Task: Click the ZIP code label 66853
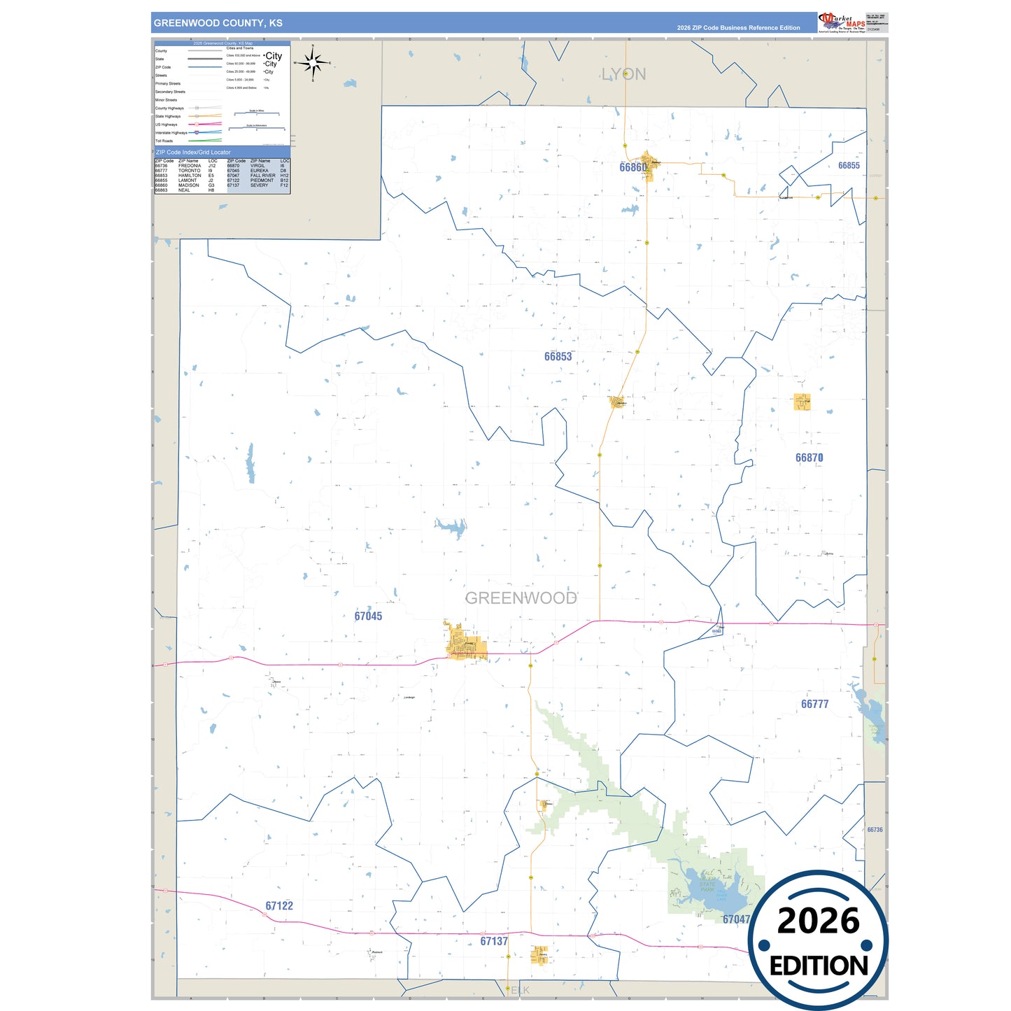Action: click(x=558, y=357)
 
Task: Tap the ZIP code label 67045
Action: click(x=368, y=616)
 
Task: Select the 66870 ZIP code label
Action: click(x=809, y=458)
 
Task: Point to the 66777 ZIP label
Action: click(x=814, y=705)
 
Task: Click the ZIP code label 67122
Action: click(x=279, y=906)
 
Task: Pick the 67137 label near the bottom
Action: click(x=494, y=942)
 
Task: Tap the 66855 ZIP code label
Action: click(x=849, y=166)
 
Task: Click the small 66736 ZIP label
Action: click(x=875, y=830)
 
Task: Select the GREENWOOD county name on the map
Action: click(x=521, y=598)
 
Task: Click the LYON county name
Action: click(x=623, y=75)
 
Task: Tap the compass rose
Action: click(x=313, y=64)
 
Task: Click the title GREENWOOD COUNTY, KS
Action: click(x=218, y=23)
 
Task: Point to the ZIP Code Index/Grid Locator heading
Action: click(x=193, y=153)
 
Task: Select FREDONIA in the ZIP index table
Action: click(x=190, y=166)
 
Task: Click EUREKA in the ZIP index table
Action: click(x=259, y=171)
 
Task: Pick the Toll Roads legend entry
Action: click(x=164, y=141)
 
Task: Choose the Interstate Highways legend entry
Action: click(x=171, y=133)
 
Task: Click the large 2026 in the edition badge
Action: click(x=818, y=921)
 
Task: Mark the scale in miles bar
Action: click(x=257, y=113)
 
